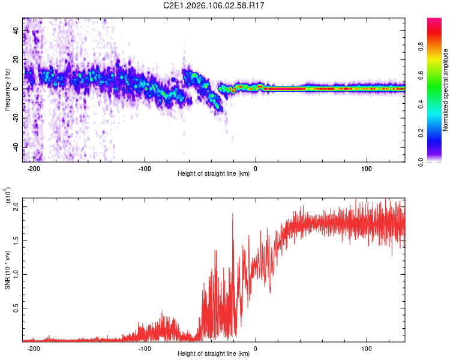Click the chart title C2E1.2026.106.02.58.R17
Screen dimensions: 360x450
[214, 5]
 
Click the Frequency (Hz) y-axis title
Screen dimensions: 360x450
[7, 89]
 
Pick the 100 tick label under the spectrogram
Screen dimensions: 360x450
[367, 169]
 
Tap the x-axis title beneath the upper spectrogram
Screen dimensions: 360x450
[214, 174]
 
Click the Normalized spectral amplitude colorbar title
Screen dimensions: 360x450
[446, 90]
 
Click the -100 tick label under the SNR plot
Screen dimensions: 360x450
[144, 348]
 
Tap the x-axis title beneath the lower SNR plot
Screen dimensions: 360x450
[214, 354]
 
